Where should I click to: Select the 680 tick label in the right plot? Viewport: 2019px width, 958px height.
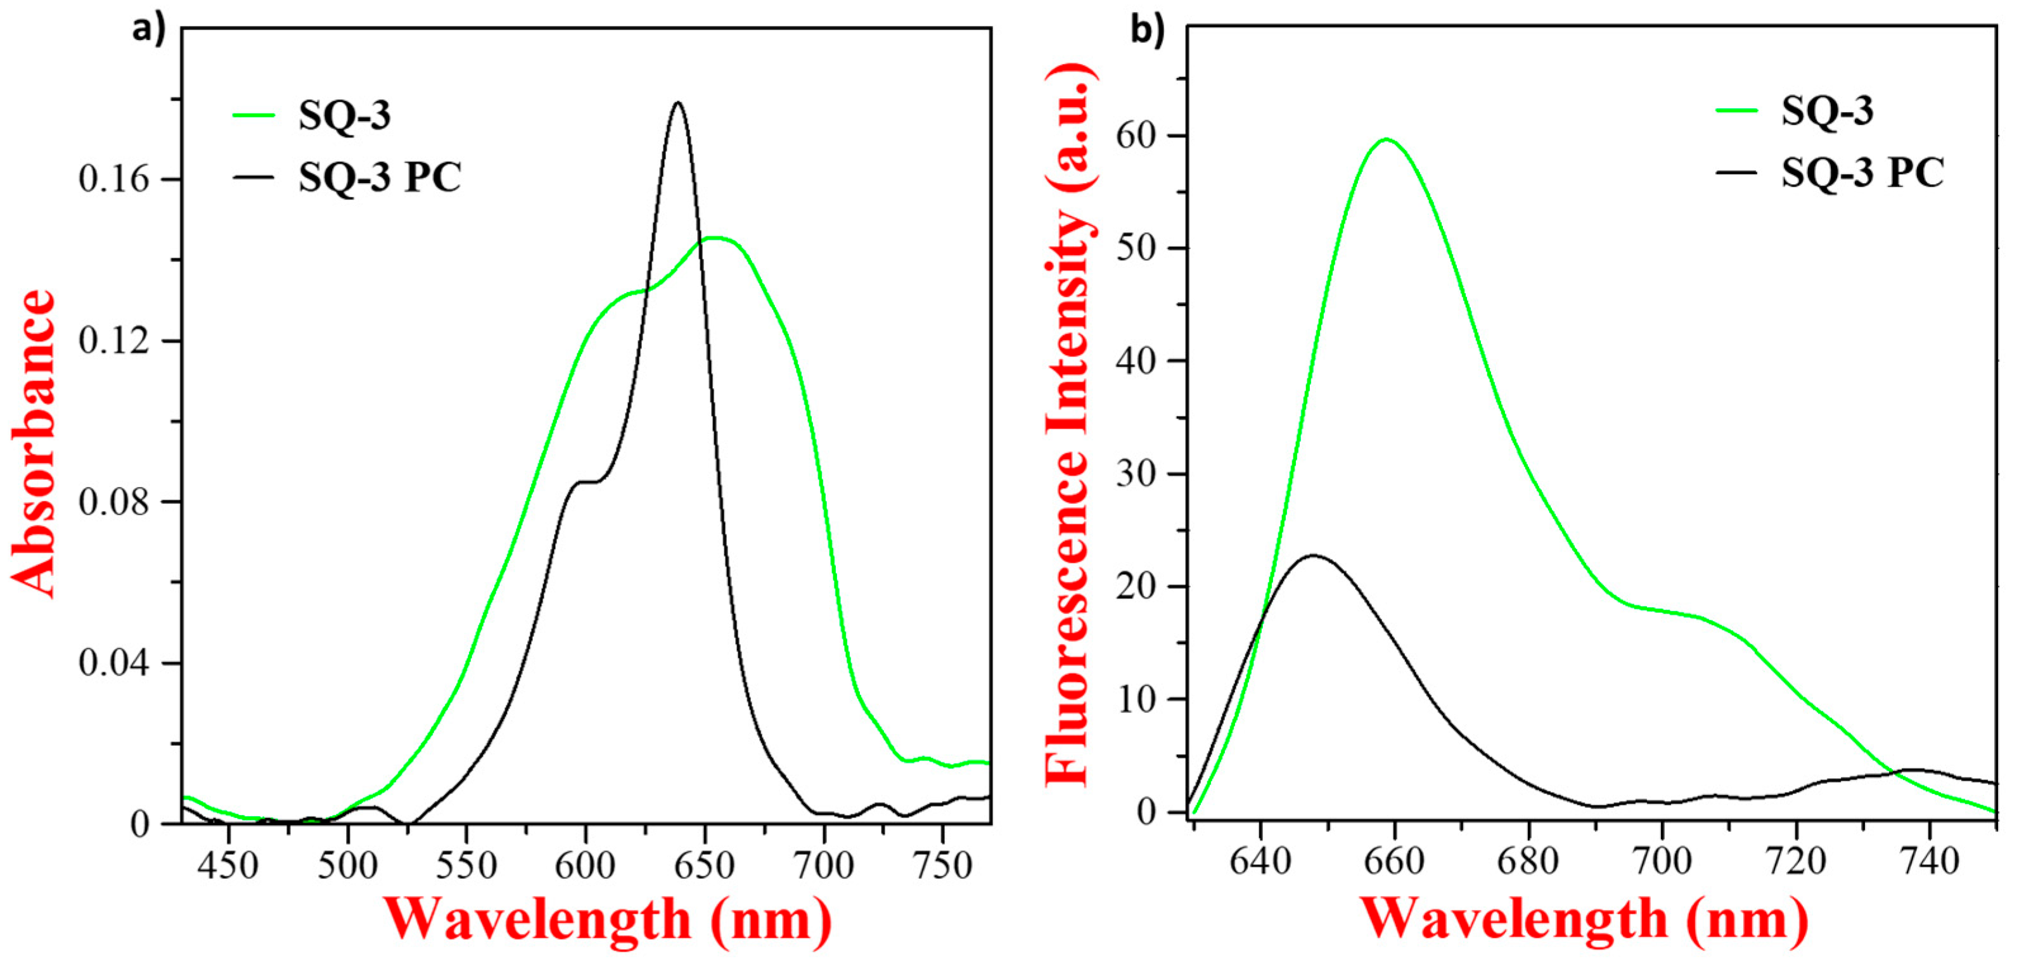pos(1528,862)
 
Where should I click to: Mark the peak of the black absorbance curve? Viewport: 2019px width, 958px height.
pos(678,103)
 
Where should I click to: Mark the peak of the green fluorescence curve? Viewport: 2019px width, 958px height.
pos(1387,139)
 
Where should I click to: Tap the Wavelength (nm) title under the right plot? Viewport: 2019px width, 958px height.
pos(1583,918)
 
